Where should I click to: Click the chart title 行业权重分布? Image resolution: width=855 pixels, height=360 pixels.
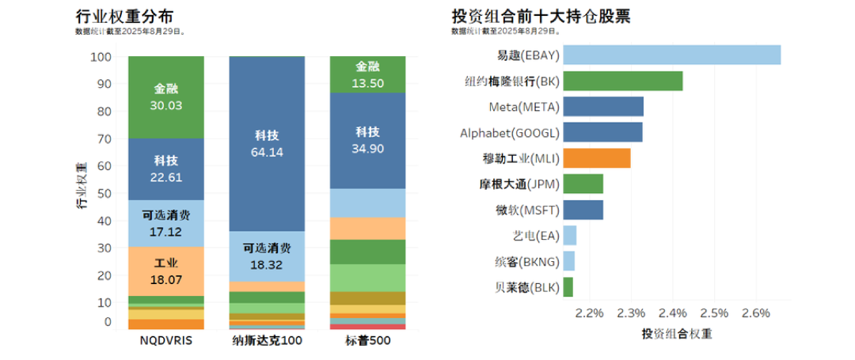click(x=124, y=16)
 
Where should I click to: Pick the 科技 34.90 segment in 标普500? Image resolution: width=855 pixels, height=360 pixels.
click(x=367, y=139)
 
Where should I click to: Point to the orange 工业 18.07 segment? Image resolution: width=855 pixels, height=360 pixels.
click(x=166, y=271)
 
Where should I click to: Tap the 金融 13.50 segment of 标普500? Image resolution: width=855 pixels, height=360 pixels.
click(x=367, y=75)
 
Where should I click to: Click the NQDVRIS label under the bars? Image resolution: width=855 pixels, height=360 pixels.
click(x=166, y=341)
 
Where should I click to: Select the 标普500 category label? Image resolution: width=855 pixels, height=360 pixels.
click(x=367, y=341)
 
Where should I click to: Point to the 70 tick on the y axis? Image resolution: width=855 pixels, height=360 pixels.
click(x=103, y=139)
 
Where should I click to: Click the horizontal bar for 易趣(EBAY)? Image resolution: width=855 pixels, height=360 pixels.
click(x=672, y=55)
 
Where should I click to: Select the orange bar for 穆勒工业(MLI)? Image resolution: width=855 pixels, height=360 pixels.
click(x=598, y=158)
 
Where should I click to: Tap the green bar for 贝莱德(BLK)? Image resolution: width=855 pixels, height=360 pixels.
click(x=568, y=286)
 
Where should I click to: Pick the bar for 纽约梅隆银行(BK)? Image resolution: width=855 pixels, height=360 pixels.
click(x=623, y=81)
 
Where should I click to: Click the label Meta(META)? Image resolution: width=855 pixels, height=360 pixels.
click(x=524, y=106)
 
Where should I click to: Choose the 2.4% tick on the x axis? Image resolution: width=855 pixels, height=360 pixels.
click(x=672, y=313)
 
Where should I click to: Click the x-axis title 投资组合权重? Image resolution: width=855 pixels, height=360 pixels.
click(x=676, y=334)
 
